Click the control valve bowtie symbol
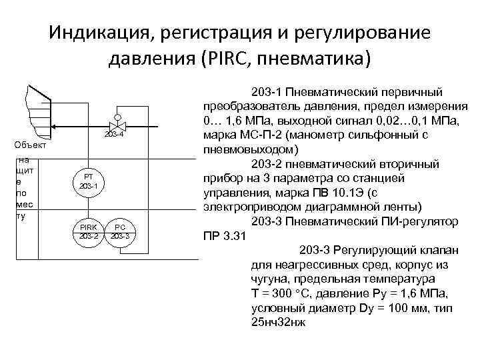pos(117,125)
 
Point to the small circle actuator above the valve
pos(117,109)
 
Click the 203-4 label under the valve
pos(115,136)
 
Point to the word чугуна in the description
pos(272,279)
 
